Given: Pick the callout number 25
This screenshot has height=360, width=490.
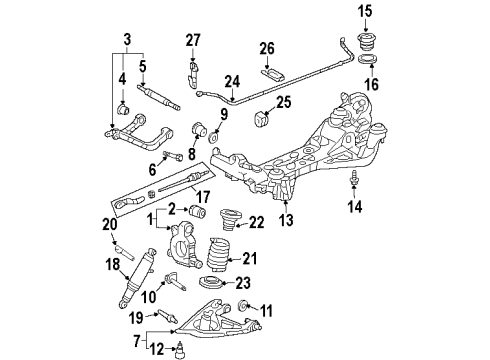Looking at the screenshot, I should [x=283, y=101].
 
